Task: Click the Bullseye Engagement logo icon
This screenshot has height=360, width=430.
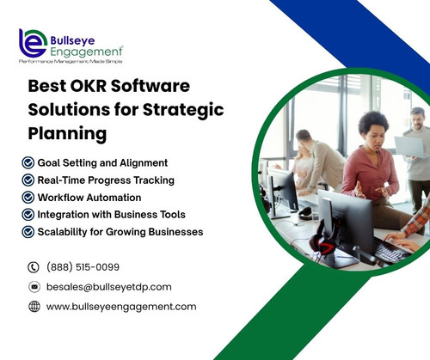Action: pyautogui.click(x=33, y=43)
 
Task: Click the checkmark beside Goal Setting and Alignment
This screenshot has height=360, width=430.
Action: pyautogui.click(x=29, y=162)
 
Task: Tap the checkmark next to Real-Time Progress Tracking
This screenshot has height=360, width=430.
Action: pyautogui.click(x=29, y=180)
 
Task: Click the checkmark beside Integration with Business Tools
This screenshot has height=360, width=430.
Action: pyautogui.click(x=29, y=214)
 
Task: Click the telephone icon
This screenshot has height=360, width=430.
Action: pyautogui.click(x=34, y=267)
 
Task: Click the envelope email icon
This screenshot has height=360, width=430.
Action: pyautogui.click(x=34, y=287)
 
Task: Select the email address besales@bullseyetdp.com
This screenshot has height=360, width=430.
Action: pyautogui.click(x=108, y=287)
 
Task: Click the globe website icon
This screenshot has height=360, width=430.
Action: pyautogui.click(x=34, y=307)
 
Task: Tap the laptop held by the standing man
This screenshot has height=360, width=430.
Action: pyautogui.click(x=408, y=145)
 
